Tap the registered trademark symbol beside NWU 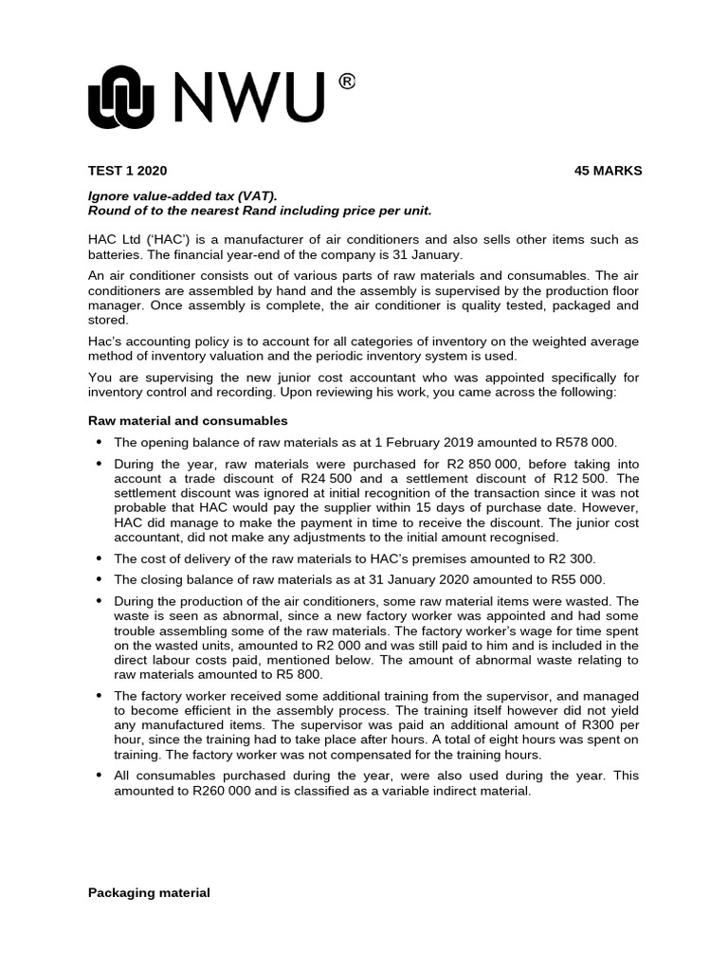coord(347,83)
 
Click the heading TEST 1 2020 coord(127,171)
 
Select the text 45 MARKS coord(608,171)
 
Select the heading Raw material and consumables coord(188,420)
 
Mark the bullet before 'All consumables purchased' coord(99,776)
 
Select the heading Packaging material coord(149,892)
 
